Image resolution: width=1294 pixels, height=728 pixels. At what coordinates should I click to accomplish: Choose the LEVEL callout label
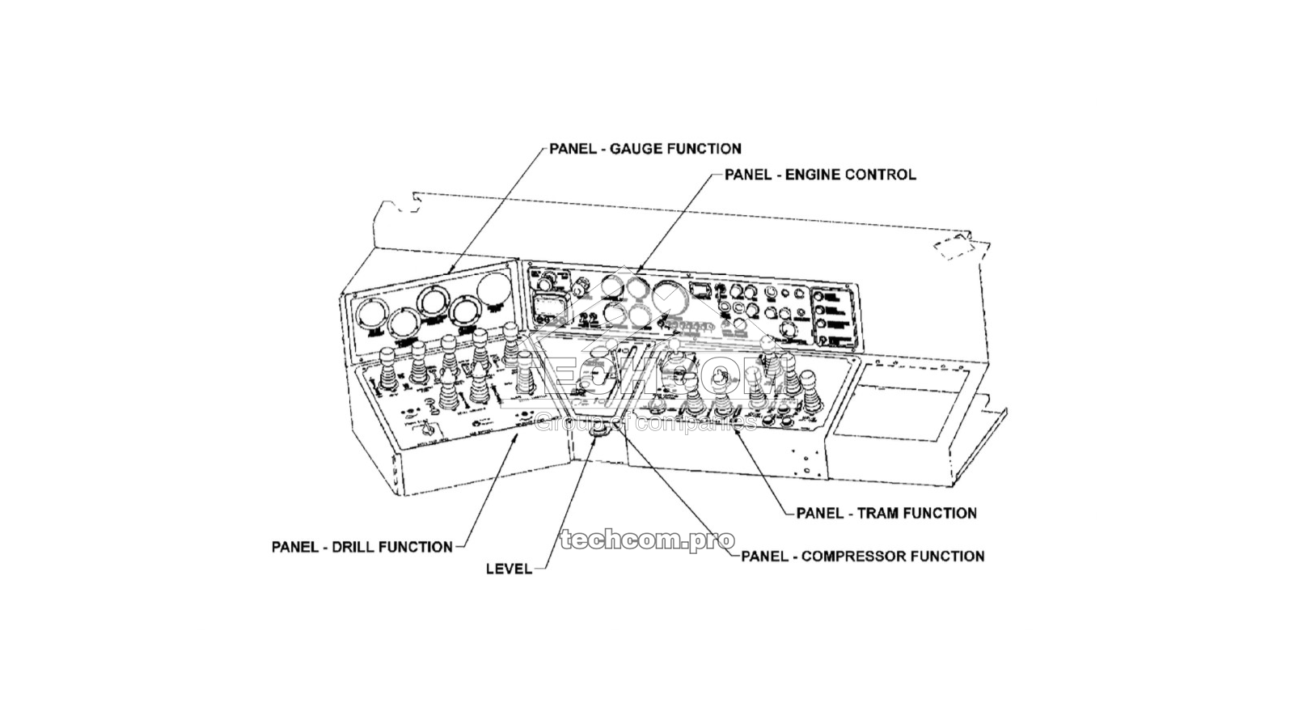coord(509,569)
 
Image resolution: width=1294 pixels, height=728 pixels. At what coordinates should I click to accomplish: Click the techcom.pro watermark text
coord(647,540)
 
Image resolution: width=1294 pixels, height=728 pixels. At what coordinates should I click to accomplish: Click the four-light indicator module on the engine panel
coord(833,316)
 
